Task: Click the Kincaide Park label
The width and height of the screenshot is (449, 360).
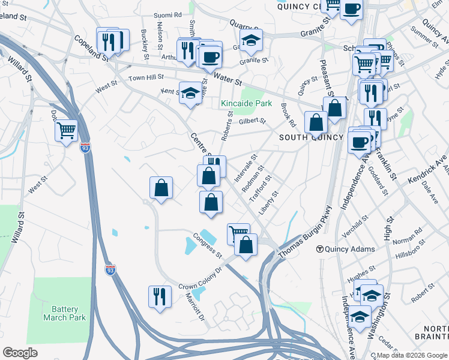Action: pos(246,104)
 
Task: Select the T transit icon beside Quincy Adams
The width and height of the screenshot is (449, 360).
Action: pos(321,249)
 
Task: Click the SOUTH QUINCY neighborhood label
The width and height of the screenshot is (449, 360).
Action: pos(311,137)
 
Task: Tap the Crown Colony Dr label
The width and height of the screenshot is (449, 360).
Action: pos(200,279)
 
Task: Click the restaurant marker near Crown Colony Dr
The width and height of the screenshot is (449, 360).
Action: pos(160,296)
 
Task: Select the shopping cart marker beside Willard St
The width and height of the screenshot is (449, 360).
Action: pos(66,129)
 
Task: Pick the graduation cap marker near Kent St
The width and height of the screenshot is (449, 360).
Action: pos(190,93)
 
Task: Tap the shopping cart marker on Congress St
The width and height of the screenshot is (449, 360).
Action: pos(238,232)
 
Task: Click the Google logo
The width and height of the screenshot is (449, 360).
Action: pos(20,353)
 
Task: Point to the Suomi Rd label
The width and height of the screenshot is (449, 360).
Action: pos(167,14)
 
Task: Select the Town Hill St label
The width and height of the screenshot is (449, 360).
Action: pos(146,78)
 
